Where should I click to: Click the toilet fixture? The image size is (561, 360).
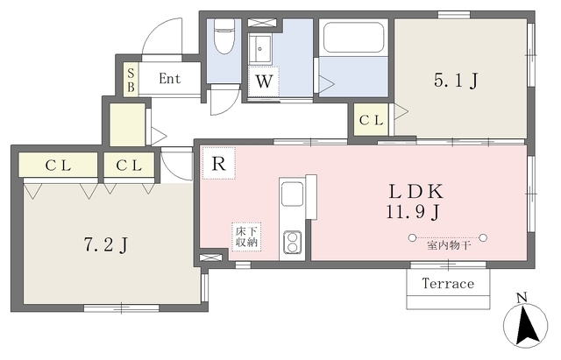(224, 37)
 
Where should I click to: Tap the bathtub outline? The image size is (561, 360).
(353, 37)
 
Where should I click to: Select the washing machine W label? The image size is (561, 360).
(264, 81)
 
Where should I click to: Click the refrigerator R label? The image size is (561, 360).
(219, 164)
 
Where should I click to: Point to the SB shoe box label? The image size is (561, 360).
(131, 80)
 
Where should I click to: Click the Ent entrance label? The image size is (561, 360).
(169, 79)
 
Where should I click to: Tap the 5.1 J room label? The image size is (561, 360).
(456, 80)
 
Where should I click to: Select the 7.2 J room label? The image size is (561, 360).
(106, 245)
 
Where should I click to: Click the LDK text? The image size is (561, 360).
(416, 192)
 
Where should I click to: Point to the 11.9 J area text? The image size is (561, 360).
(413, 212)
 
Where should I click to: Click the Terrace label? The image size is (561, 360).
(448, 284)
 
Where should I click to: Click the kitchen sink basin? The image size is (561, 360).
(292, 194)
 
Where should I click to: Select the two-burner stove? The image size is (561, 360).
(292, 242)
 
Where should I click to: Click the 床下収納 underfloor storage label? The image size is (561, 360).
(246, 236)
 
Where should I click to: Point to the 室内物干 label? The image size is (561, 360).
(448, 245)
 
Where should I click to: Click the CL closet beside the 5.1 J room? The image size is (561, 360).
(371, 120)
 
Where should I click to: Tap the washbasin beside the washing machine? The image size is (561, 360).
(260, 49)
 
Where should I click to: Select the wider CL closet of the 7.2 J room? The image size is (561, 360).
(58, 166)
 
